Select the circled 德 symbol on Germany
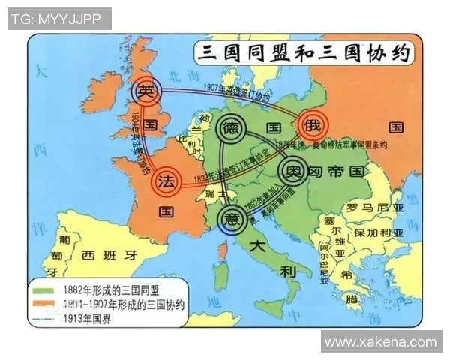231,127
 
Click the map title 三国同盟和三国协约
303,55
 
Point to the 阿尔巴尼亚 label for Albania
323,262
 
